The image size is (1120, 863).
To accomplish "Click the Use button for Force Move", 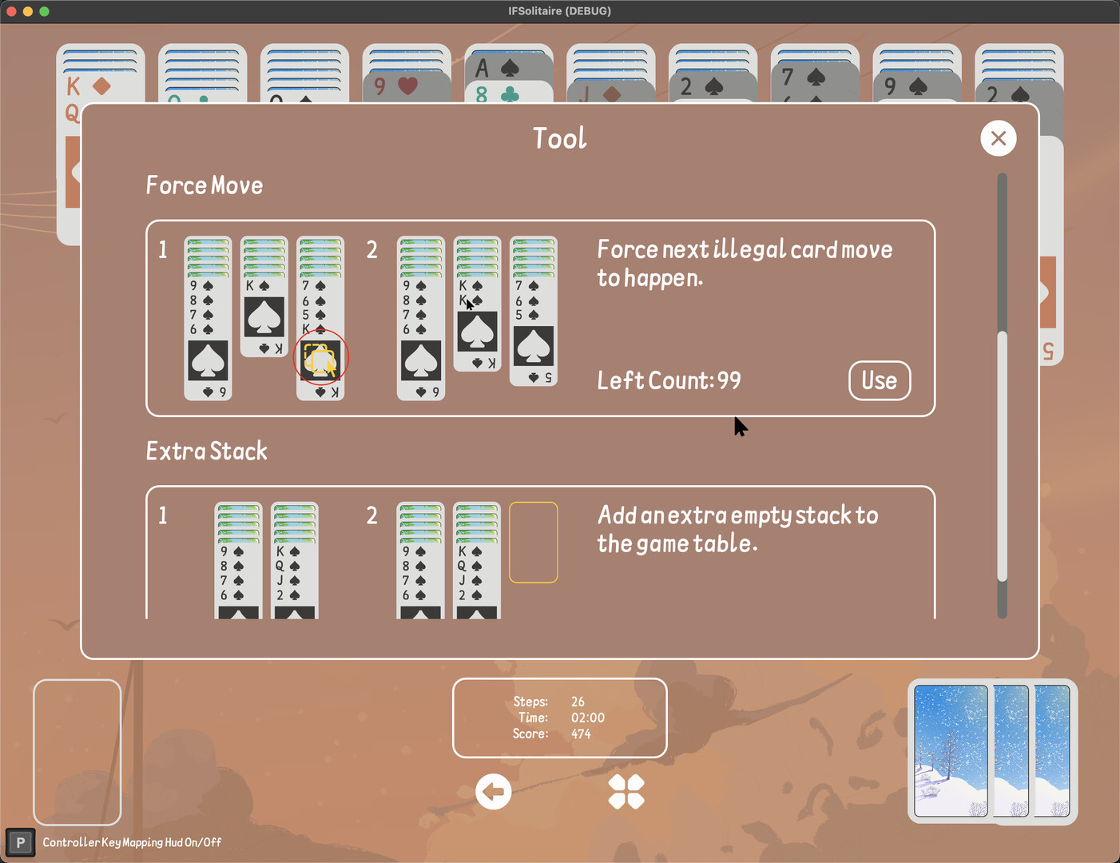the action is [x=880, y=380].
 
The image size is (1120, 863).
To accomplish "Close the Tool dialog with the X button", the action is [x=999, y=138].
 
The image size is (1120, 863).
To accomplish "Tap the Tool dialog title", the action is [x=560, y=138].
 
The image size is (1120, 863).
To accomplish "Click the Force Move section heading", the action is [x=204, y=185].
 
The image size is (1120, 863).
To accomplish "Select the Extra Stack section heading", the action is [x=207, y=451].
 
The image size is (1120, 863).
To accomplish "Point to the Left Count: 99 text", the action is [x=669, y=380].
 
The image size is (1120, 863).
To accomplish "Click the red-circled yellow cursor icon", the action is [x=320, y=357].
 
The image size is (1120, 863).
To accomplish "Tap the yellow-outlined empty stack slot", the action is [x=534, y=543].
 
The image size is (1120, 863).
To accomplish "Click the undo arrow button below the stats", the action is [x=493, y=791].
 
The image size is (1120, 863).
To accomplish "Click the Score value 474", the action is [x=581, y=734].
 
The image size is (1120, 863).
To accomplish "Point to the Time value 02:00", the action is [x=588, y=718].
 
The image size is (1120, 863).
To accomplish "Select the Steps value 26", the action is [x=578, y=702].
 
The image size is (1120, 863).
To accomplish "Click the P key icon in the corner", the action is [x=20, y=843].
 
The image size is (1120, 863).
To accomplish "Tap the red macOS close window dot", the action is [x=11, y=11].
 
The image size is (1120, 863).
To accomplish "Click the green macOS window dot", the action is [x=44, y=11].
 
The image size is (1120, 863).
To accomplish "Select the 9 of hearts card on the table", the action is [x=407, y=86].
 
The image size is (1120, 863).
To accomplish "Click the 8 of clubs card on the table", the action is [x=509, y=93].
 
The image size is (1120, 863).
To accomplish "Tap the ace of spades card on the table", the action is [x=509, y=67].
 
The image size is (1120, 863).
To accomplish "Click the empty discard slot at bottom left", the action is [x=77, y=752].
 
